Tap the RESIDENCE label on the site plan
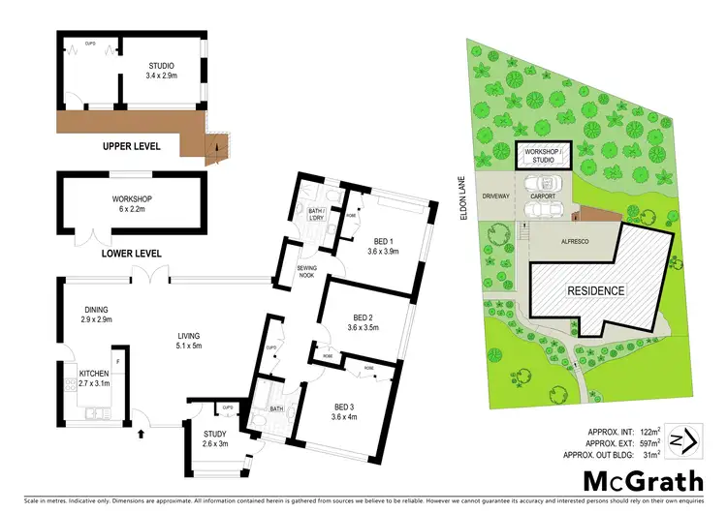pos(596,290)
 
